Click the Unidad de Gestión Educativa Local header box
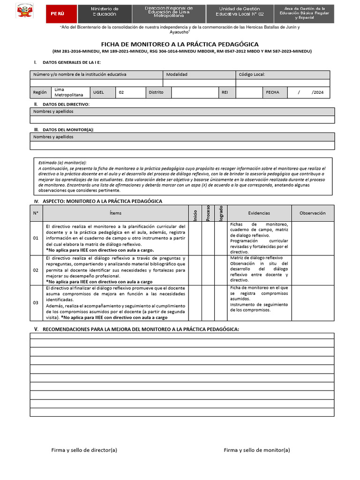coord(240,12)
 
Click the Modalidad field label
coord(177,75)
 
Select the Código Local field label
coord(252,75)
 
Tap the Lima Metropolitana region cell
coord(65,92)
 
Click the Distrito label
coord(156,92)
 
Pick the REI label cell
coord(225,92)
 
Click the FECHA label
coord(272,92)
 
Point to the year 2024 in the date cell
coord(317,92)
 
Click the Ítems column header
coord(115,213)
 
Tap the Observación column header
coord(312,213)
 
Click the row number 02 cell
coord(36,270)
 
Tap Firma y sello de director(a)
coord(84,450)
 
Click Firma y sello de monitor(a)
coord(257,450)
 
